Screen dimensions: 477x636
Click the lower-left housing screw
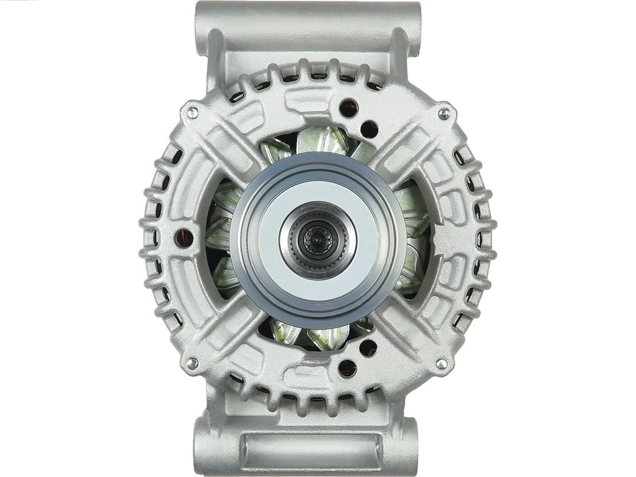[x=193, y=364]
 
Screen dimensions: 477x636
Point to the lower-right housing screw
[x=441, y=364]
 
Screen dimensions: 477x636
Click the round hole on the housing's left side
[x=181, y=237]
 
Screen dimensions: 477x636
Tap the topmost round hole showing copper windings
[x=347, y=108]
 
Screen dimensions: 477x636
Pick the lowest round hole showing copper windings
[x=347, y=368]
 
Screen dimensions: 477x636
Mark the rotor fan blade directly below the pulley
[x=323, y=337]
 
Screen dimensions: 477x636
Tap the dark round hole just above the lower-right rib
[x=369, y=348]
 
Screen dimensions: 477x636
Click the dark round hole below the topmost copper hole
[x=369, y=129]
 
